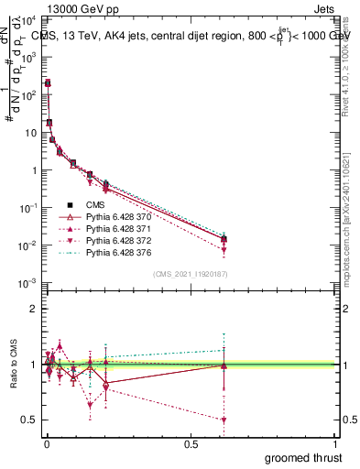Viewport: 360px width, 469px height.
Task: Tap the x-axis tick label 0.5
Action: tap(191, 443)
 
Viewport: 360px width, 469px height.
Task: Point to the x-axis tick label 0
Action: tap(46, 443)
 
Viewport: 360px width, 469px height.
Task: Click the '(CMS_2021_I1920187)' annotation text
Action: tap(191, 274)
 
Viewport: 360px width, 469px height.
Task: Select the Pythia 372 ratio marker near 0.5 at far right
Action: tap(224, 420)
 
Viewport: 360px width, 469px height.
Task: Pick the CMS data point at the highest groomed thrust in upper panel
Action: tap(224, 239)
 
